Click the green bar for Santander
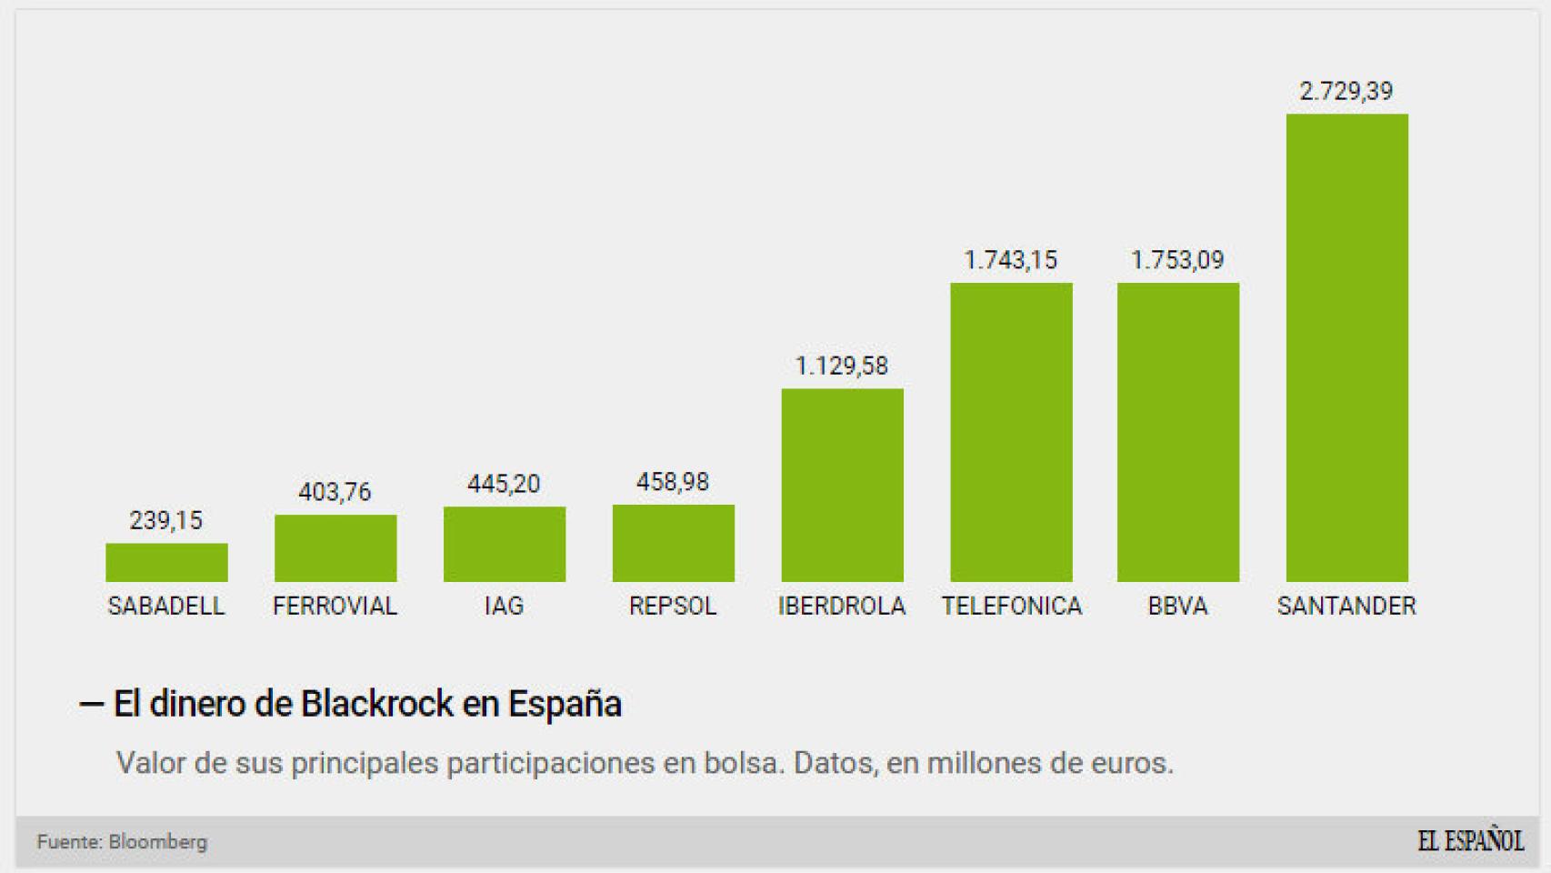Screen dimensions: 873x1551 (1346, 347)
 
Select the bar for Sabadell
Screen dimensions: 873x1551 (166, 562)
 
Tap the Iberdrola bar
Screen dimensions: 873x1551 (842, 485)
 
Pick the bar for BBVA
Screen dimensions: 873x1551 (1177, 432)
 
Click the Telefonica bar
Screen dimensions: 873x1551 (1011, 432)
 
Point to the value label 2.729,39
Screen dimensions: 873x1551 (1346, 91)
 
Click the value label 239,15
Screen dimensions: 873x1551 (165, 520)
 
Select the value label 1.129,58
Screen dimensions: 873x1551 (841, 366)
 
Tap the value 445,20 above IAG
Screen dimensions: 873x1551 (504, 484)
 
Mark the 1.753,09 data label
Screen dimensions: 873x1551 (1177, 260)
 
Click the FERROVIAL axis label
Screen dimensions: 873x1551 (335, 606)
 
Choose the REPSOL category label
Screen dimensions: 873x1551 (673, 606)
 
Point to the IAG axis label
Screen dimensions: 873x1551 (504, 606)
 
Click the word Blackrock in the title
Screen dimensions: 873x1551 (376, 704)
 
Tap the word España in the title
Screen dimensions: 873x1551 (565, 704)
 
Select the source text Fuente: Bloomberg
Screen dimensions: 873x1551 (122, 842)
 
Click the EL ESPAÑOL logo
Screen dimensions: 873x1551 (1470, 840)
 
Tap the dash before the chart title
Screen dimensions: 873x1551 (91, 704)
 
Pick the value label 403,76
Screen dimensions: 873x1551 (335, 492)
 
